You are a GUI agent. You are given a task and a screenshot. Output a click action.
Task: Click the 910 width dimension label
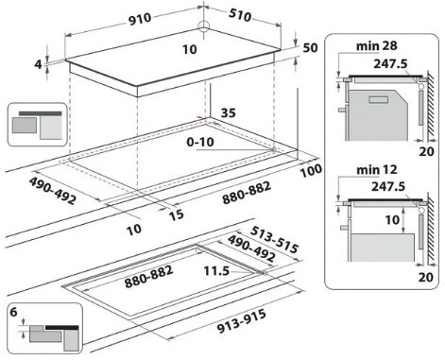pos(140,19)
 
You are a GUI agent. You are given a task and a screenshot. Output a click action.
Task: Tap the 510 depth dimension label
pos(240,15)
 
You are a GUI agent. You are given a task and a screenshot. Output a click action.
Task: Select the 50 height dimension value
pos(310,47)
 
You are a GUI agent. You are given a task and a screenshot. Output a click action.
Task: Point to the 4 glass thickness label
pos(38,64)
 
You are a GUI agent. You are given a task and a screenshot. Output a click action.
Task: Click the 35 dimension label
pos(228,112)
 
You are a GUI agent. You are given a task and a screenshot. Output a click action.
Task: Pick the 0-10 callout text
pos(200,142)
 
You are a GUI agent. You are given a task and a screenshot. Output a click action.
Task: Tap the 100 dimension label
pos(311,170)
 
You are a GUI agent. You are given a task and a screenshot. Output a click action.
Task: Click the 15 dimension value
pos(176,214)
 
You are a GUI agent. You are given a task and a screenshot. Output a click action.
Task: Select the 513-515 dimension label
pos(274,240)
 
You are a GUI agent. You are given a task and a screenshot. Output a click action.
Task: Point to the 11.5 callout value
pos(216,271)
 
